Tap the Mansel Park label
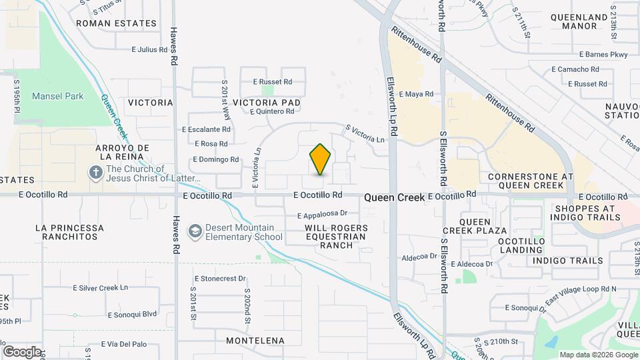(x=58, y=96)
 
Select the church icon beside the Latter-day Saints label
(x=96, y=173)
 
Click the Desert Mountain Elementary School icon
(x=195, y=231)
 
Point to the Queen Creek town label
(x=394, y=197)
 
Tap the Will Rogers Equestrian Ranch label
(x=336, y=237)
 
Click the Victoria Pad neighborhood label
(x=267, y=103)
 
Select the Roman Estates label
(x=116, y=23)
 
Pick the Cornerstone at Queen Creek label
(x=531, y=181)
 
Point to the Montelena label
(x=251, y=340)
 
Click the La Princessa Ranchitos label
(x=69, y=232)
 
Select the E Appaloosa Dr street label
(x=323, y=215)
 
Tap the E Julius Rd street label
(x=149, y=49)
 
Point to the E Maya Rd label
(x=416, y=95)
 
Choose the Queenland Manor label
(x=579, y=21)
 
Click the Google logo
(x=21, y=351)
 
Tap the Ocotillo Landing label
(x=521, y=245)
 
